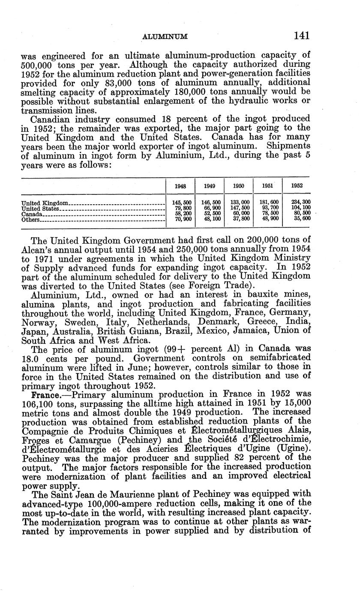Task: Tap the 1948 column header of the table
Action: coord(180,186)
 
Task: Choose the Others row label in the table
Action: coord(30,220)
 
